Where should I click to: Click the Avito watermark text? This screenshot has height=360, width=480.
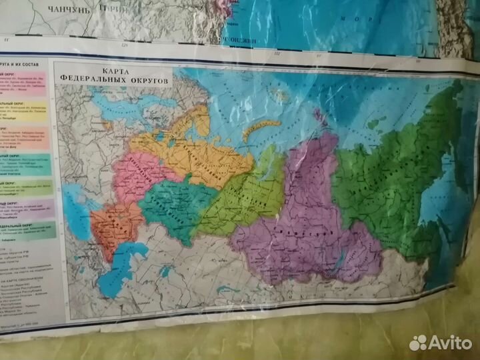pyautogui.click(x=449, y=342)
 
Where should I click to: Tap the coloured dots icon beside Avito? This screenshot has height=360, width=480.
pyautogui.click(x=418, y=342)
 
